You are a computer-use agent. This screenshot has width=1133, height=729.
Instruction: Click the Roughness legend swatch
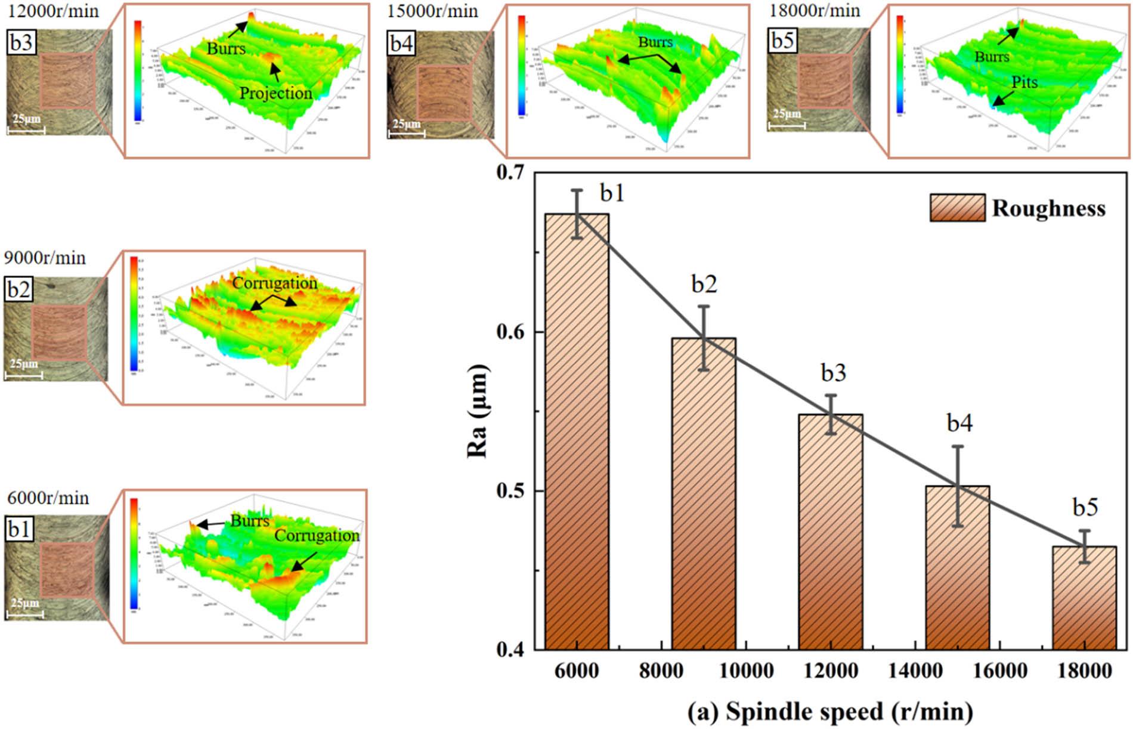(x=957, y=208)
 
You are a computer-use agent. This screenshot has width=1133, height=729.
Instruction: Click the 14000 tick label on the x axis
(x=915, y=671)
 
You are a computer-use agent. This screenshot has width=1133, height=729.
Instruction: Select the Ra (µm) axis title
(x=478, y=412)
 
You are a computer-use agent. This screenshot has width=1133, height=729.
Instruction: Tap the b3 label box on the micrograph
(x=22, y=43)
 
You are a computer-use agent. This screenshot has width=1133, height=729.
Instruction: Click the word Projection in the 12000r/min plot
(x=275, y=93)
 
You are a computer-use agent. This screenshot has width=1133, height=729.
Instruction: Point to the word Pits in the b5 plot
(x=1024, y=82)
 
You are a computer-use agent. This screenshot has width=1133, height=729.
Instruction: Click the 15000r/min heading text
(x=432, y=11)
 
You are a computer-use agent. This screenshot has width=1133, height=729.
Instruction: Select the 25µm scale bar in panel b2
(x=23, y=374)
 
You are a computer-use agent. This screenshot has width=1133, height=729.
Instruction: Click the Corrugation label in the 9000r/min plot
(x=274, y=283)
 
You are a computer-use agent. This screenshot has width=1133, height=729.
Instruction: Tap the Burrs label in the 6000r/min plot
(x=250, y=521)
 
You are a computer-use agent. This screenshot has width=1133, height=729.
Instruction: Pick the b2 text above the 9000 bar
(x=704, y=285)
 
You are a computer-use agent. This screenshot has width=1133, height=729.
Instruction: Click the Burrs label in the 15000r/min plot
(x=655, y=42)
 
